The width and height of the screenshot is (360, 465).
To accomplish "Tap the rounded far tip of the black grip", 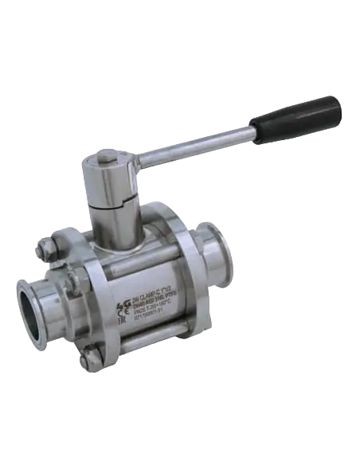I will point(339,104).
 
